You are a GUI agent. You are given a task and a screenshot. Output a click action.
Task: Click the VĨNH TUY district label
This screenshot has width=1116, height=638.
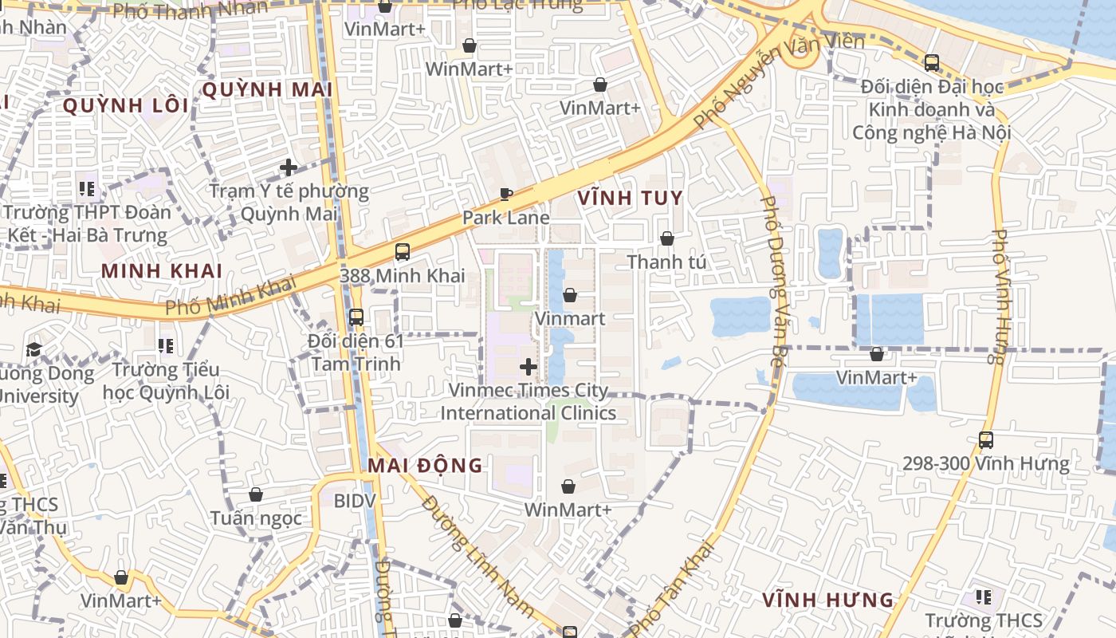coord(630,198)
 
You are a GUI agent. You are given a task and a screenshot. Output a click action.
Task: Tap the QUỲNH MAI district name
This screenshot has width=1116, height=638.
coord(267,89)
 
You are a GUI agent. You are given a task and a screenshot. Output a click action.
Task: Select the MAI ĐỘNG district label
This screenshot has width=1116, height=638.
coord(426,465)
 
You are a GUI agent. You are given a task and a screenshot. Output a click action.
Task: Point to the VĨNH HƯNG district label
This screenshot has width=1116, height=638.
coord(827,600)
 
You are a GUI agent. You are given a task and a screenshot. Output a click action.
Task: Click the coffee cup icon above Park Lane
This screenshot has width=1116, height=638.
coord(505,194)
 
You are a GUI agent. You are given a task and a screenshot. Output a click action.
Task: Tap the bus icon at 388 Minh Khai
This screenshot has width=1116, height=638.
coord(403,252)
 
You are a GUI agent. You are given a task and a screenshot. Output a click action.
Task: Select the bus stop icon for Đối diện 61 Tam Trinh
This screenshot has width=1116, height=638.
coord(356,317)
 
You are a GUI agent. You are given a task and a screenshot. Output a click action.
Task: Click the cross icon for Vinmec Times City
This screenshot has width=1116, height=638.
coord(528,367)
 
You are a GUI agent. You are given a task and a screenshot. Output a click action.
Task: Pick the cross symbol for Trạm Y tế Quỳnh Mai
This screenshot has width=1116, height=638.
coord(289,167)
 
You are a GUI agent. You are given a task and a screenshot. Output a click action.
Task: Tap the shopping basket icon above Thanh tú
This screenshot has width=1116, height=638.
coord(666,238)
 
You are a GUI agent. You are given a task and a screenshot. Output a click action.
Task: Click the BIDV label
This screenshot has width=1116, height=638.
coord(354,501)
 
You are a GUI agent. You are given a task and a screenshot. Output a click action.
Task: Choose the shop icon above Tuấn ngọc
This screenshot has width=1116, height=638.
coord(256,494)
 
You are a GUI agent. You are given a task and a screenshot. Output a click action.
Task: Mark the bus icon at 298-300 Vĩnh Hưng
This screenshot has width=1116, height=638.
coord(986,439)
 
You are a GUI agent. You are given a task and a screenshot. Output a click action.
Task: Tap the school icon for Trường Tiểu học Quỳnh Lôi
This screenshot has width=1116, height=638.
coord(166,346)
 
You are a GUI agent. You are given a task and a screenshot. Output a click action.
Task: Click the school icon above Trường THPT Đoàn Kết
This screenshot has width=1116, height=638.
coord(87,189)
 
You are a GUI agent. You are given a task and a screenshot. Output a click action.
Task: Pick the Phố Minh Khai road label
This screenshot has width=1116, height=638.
coord(231,295)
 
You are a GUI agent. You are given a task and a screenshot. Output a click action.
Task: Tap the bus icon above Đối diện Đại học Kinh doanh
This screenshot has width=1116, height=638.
coord(931,62)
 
